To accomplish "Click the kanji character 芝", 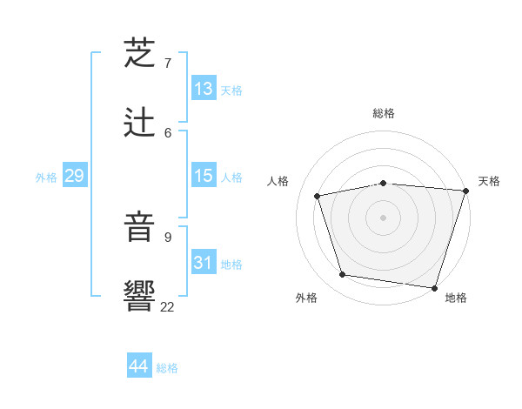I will pyautogui.click(x=140, y=54).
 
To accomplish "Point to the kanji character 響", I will pyautogui.click(x=140, y=296).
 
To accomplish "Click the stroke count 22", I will pyautogui.click(x=168, y=305).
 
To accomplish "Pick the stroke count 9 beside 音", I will pyautogui.click(x=168, y=236).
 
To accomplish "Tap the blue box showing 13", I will pyautogui.click(x=204, y=89).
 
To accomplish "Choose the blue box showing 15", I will pyautogui.click(x=204, y=176).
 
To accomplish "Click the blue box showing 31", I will pyautogui.click(x=204, y=263).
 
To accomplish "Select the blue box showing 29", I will pyautogui.click(x=74, y=176).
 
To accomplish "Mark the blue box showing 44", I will pyautogui.click(x=138, y=366).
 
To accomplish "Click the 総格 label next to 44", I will pyautogui.click(x=167, y=368).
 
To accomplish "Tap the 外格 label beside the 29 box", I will pyautogui.click(x=46, y=178).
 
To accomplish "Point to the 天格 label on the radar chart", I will pyautogui.click(x=489, y=181).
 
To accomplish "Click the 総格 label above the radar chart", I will pyautogui.click(x=383, y=113).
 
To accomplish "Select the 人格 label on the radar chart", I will pyautogui.click(x=278, y=181).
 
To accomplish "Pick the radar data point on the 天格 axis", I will pyautogui.click(x=465, y=191).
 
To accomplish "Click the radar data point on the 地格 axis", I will pyautogui.click(x=434, y=287).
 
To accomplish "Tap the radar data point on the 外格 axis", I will pyautogui.click(x=343, y=275).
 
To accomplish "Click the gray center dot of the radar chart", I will pyautogui.click(x=383, y=218).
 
